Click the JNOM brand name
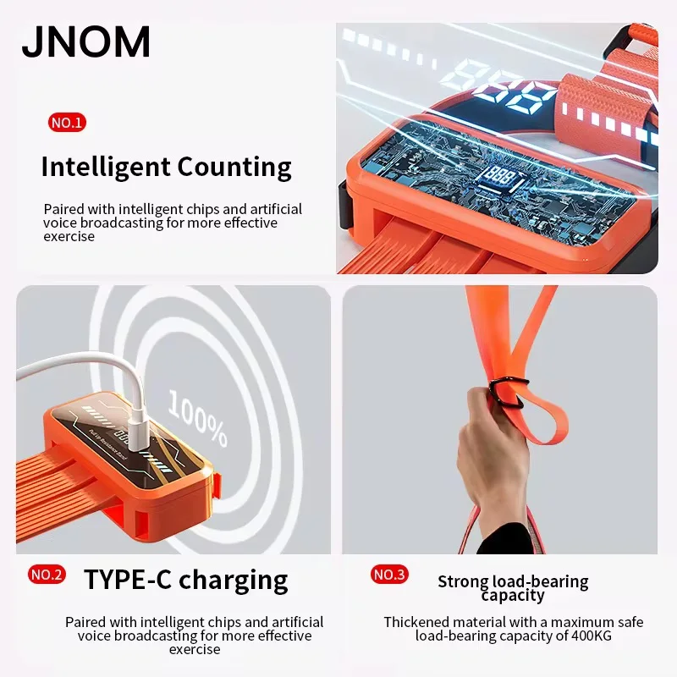pos(86,41)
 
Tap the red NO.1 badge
pos(67,123)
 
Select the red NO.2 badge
pos(47,575)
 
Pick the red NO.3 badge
pos(389,575)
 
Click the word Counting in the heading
pos(234,168)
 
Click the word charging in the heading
pos(234,581)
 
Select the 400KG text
pos(592,636)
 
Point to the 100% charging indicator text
pos(198,418)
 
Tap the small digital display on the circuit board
pos(500,177)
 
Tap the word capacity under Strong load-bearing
pos(513,596)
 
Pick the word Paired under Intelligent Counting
pos(64,209)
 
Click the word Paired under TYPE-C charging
pos(85,622)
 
